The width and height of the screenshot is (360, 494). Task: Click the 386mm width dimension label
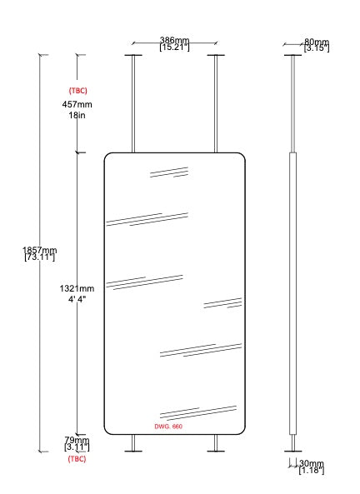tap(174, 40)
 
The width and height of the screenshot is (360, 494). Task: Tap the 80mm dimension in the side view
tap(317, 42)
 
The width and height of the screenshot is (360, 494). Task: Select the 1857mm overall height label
tap(40, 250)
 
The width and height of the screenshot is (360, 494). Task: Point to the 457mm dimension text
tap(77, 104)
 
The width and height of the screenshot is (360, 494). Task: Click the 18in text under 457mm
tap(77, 115)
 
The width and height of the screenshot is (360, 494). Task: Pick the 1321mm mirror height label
tap(77, 288)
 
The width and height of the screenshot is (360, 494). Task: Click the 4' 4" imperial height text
tap(77, 299)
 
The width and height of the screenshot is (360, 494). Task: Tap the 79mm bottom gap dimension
tap(77, 440)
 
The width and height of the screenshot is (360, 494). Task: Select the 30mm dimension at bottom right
tap(312, 463)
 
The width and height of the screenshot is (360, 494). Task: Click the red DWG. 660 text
tap(168, 427)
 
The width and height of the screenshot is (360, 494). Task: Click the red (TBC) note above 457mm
tap(77, 91)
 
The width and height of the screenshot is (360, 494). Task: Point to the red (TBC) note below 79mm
tap(77, 459)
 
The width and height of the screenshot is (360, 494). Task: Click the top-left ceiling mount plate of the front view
tap(133, 55)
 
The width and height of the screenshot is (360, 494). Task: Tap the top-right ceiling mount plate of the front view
tap(216, 55)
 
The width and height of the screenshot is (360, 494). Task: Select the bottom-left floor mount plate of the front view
tap(133, 452)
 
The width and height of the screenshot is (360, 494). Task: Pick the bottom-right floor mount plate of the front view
tap(216, 452)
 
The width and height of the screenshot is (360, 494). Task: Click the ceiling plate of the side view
tap(293, 55)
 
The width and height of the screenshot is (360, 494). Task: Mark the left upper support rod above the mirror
tap(133, 104)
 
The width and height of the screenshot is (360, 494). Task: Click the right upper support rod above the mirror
tap(216, 104)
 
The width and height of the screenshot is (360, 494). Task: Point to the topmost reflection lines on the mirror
tap(169, 172)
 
